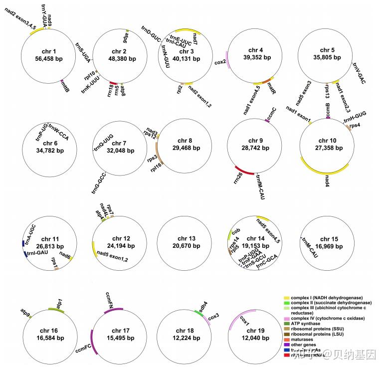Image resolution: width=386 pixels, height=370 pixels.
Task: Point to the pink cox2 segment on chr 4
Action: coord(227,60)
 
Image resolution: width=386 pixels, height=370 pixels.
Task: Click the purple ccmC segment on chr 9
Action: coord(267,121)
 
